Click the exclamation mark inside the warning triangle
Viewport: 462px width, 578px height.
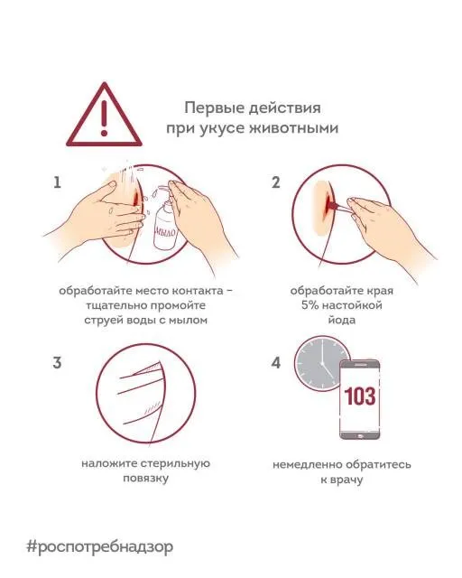[x=106, y=115]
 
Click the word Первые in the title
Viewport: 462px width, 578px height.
[x=211, y=107]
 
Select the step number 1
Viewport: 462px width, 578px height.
[x=58, y=182]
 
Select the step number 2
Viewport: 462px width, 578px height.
[x=276, y=182]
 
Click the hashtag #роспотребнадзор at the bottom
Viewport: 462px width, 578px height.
[x=99, y=546]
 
